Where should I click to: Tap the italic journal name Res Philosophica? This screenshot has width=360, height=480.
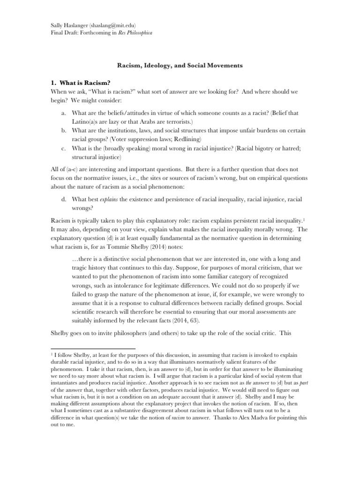[136, 32]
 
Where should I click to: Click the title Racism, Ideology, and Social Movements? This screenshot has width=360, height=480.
[180, 66]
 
